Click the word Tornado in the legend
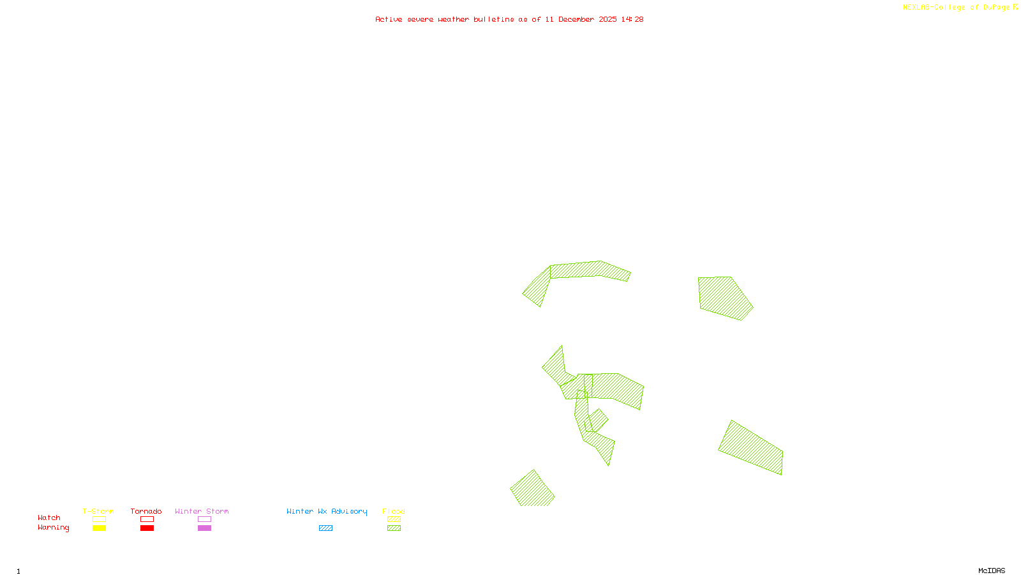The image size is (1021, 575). click(x=146, y=511)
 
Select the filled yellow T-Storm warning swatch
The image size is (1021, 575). click(x=99, y=528)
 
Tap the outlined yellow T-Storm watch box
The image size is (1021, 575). click(x=99, y=519)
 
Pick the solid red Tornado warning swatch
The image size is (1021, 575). click(x=147, y=528)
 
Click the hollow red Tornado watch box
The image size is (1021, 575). click(x=147, y=519)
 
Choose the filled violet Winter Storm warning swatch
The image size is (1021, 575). click(x=204, y=528)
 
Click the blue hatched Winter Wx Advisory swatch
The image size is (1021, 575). click(x=325, y=528)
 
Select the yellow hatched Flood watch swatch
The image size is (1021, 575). click(x=394, y=519)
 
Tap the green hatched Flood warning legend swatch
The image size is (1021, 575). click(x=394, y=528)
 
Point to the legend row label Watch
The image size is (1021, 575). click(x=49, y=518)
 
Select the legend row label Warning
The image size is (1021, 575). click(x=53, y=528)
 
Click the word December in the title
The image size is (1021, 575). click(x=576, y=19)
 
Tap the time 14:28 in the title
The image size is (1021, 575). click(x=632, y=19)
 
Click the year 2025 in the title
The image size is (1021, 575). click(x=607, y=19)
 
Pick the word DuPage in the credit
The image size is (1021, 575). click(x=996, y=7)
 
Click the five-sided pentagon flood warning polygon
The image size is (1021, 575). click(x=724, y=297)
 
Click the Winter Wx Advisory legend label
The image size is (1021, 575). click(x=327, y=511)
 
